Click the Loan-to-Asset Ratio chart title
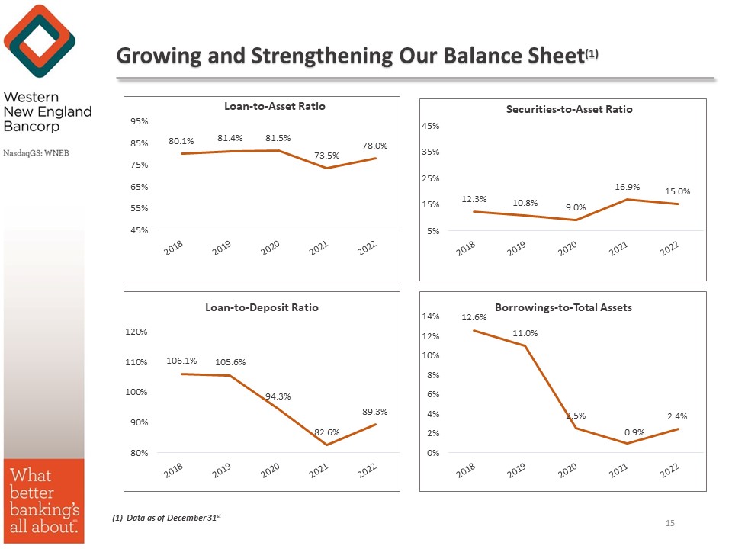274,106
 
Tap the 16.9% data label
627,185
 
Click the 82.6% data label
326,432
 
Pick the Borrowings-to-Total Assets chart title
563,307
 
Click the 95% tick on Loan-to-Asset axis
139,121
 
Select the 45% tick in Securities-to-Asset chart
431,126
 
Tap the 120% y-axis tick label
137,332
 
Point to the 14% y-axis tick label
432,316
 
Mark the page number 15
670,523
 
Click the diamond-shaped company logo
39,40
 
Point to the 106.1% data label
181,361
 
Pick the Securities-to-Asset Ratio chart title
569,109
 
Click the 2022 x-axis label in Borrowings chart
669,472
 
